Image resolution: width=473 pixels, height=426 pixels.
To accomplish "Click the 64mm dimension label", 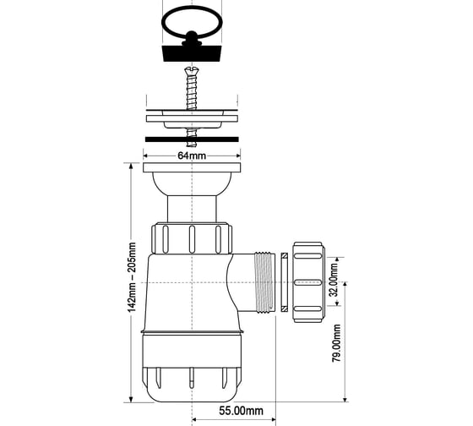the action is [x=192, y=156].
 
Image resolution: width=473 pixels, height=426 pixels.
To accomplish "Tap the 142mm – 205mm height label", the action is [x=132, y=277].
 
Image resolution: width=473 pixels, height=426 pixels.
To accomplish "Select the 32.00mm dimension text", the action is [x=334, y=280].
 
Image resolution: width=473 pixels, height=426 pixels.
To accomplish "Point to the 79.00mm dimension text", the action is [x=336, y=343].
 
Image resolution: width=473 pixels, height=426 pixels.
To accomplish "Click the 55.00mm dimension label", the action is [x=241, y=411].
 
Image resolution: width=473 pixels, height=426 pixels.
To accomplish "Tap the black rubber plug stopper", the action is [x=192, y=53].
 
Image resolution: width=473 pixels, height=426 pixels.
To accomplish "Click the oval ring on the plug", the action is [x=193, y=9].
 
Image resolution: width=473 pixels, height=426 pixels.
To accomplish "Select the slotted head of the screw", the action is [x=191, y=71].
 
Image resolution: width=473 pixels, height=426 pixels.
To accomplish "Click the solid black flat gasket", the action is [x=192, y=139].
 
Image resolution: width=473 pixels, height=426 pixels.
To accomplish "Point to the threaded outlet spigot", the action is [x=264, y=282].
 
